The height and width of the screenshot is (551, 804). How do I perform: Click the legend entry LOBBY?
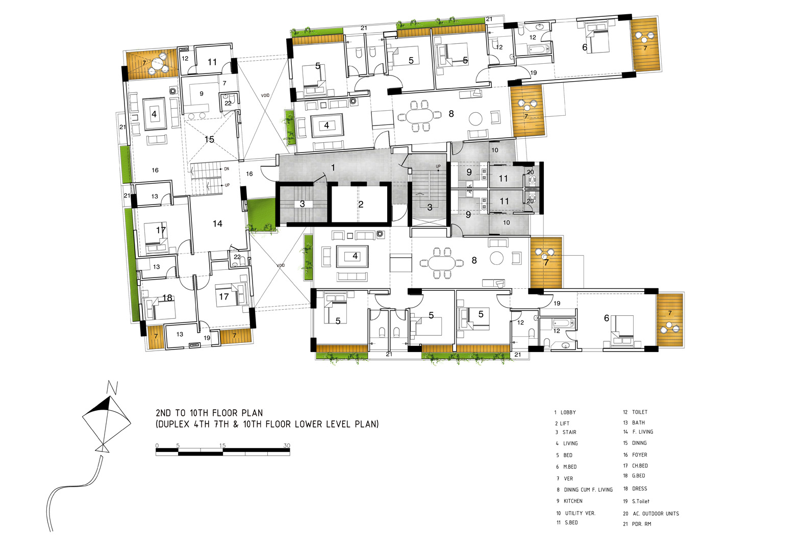pos(568,412)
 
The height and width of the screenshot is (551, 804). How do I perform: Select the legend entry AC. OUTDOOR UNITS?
pos(656,514)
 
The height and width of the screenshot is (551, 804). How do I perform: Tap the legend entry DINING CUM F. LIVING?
pos(588,490)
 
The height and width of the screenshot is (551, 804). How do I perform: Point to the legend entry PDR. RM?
pos(641,524)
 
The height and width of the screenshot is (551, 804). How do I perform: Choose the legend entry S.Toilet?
pos(641,501)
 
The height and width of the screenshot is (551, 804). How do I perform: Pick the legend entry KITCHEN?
pos(573,500)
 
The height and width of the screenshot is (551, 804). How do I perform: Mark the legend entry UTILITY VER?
pos(580,513)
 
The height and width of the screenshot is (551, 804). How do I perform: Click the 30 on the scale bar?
pos(286,445)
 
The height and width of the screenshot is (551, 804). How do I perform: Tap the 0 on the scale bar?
pos(157,445)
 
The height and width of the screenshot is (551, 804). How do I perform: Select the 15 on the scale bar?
pos(222,445)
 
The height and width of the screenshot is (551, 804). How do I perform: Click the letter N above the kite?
pos(113,387)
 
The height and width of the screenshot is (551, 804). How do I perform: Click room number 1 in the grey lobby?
pos(333,167)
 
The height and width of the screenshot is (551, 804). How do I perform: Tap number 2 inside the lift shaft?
pos(361,204)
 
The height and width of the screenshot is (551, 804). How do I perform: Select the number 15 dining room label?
pos(209,139)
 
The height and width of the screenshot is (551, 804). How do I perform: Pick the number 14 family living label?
pos(217,223)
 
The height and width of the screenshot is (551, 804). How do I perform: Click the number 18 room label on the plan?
pos(167,297)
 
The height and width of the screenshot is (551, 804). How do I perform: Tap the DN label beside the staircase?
pos(227,169)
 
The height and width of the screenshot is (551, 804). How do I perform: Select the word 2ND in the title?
pos(163,413)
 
